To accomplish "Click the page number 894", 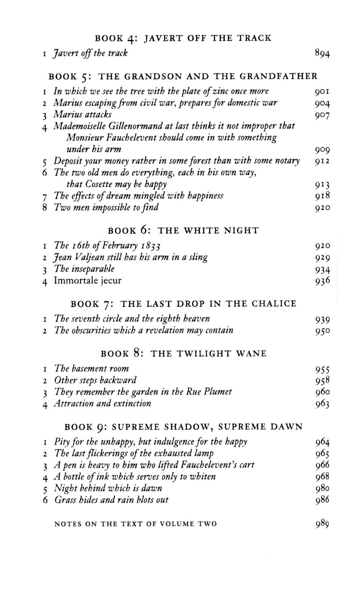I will tap(322, 54).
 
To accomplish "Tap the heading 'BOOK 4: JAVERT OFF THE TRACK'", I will tap(183, 38).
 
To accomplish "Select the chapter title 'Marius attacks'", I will tap(82, 114).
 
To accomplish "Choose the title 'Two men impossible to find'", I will tap(106, 207).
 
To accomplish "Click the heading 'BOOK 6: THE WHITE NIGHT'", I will tap(183, 230).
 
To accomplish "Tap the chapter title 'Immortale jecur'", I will tap(87, 280).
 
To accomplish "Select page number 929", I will tap(322, 258).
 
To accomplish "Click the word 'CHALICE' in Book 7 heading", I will tap(274, 304).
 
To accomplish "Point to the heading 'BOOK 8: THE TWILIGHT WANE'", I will tap(184, 354).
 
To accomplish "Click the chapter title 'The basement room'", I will tap(91, 369).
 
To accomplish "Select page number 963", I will tap(322, 404).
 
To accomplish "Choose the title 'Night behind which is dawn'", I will tap(108, 488).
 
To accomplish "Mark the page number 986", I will tap(322, 500).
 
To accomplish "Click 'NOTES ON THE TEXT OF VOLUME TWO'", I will tap(135, 524).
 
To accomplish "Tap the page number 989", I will tap(322, 524).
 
